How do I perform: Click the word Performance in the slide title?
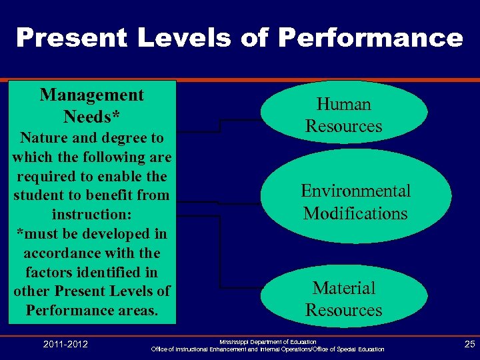click(x=370, y=38)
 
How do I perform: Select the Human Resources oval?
click(x=343, y=115)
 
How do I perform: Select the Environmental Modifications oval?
click(x=355, y=201)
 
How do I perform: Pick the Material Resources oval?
click(x=343, y=298)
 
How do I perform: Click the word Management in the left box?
click(x=91, y=95)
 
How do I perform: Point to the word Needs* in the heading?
click(x=91, y=117)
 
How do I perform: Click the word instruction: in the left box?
click(x=91, y=215)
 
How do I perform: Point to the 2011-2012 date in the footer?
click(x=65, y=344)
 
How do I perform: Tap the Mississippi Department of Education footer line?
click(x=268, y=341)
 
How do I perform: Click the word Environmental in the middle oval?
click(x=355, y=191)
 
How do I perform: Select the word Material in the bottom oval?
click(x=343, y=288)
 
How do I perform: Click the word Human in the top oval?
click(x=343, y=105)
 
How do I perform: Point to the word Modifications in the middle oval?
click(x=355, y=214)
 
